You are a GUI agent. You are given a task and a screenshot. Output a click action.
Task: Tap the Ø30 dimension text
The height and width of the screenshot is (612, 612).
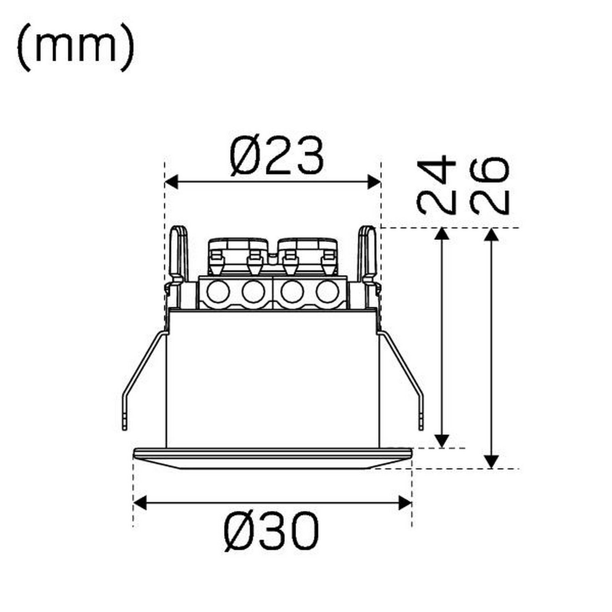[x=272, y=532]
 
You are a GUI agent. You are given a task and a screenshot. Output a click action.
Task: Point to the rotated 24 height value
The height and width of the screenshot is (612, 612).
[x=436, y=184]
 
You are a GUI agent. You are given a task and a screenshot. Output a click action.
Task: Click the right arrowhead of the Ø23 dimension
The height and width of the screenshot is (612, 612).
[x=374, y=182]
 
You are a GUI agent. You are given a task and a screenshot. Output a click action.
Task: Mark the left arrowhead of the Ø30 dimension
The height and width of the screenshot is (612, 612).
[x=140, y=503]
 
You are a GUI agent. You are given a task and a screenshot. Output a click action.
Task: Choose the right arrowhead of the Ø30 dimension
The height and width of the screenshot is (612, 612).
[x=405, y=503]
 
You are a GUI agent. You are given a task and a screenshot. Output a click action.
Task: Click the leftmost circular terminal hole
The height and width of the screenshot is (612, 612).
[x=217, y=292]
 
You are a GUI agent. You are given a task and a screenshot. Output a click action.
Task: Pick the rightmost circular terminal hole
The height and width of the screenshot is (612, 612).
[x=327, y=292]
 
